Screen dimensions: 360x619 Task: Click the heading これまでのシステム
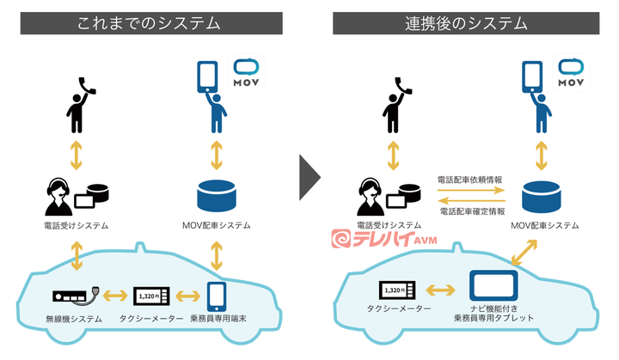click(150, 23)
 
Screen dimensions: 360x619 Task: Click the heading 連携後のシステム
click(467, 23)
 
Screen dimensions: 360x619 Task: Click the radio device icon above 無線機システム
click(75, 296)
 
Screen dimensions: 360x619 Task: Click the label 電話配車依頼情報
click(470, 180)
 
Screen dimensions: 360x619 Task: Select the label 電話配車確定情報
click(470, 211)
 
